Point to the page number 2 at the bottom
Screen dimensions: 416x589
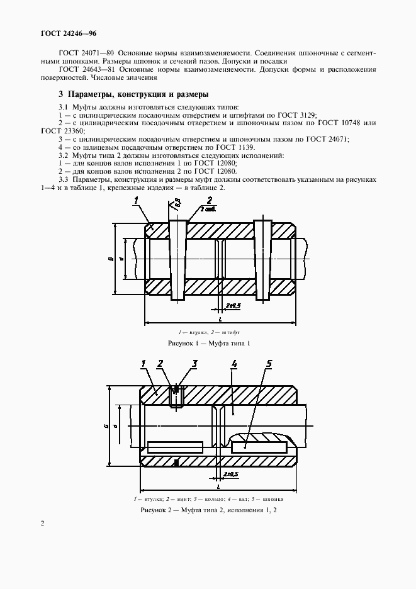(x=42, y=524)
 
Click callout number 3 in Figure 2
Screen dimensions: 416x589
(x=195, y=363)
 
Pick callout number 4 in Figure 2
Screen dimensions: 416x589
(x=233, y=364)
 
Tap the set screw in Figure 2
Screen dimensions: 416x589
(x=176, y=397)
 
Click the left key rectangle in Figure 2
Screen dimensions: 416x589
(x=175, y=447)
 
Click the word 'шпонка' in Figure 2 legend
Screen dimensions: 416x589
(x=272, y=498)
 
